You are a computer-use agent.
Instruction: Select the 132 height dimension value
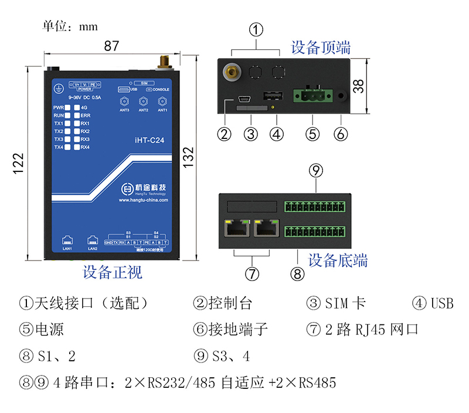tap(189, 157)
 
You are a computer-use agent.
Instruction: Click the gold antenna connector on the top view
tap(232, 73)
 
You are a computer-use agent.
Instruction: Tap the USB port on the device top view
tap(271, 96)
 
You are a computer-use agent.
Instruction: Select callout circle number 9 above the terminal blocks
tap(316, 171)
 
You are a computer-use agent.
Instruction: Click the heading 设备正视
tap(112, 272)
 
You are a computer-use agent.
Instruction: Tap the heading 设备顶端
tap(321, 47)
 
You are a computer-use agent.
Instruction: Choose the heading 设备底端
tap(338, 260)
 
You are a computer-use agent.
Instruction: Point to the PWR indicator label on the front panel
tap(58, 108)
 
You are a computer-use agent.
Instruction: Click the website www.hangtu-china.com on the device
tap(143, 199)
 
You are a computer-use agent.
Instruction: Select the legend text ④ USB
tap(433, 303)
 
